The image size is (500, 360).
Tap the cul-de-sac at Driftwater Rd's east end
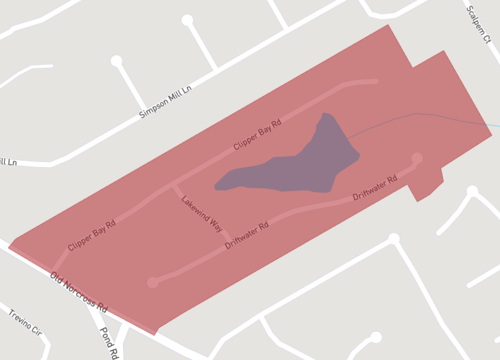tap(417, 158)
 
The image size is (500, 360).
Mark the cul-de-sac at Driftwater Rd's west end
tap(152, 282)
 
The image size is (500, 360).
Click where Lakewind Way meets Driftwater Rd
tap(222, 245)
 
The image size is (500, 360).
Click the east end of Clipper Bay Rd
tap(375, 82)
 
